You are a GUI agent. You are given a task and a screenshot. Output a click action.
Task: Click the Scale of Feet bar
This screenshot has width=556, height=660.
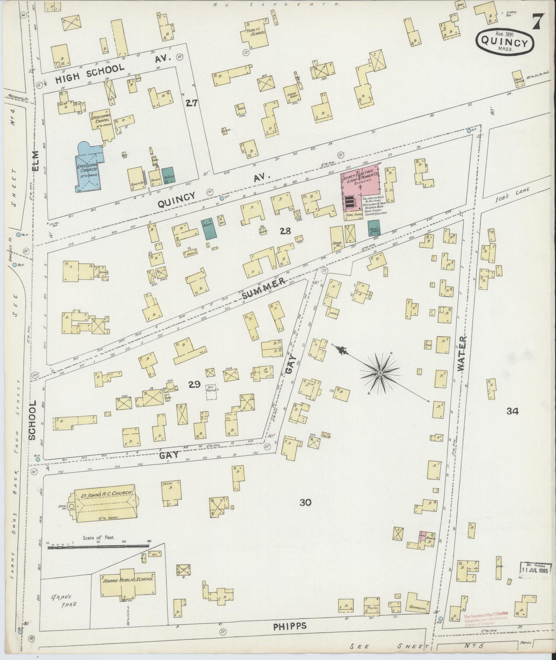coord(99,546)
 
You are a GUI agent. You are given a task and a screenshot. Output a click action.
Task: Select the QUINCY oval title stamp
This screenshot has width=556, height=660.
coord(504,41)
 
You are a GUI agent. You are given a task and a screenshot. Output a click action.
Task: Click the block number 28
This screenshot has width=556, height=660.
coord(286,231)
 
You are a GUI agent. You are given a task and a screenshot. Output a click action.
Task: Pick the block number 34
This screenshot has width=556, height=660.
coord(513,411)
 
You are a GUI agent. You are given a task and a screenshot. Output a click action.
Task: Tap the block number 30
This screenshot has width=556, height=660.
coord(305,502)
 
